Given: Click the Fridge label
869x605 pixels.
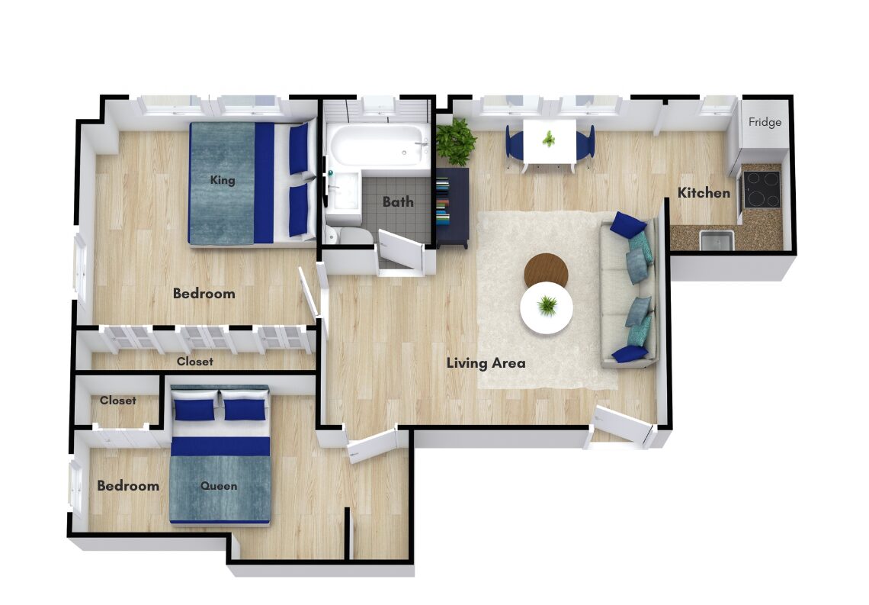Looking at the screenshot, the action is [765, 122].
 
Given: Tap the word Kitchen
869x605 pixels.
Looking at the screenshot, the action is [704, 193].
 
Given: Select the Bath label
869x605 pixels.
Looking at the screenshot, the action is [398, 202].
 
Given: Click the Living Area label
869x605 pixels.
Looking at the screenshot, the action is [486, 363].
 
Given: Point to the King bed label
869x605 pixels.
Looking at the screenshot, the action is [223, 180].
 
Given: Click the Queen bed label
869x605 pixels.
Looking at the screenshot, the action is [219, 486].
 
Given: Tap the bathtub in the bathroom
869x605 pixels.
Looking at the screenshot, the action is [377, 145].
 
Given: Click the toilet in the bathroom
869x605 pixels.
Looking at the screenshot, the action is [349, 234].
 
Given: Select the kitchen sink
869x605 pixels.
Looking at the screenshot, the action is [717, 240].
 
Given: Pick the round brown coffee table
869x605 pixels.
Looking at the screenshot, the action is [546, 271].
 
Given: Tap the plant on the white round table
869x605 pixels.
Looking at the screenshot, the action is [547, 305].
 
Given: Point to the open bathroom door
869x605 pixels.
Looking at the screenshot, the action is [401, 250].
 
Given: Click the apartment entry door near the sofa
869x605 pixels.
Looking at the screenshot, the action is [622, 425].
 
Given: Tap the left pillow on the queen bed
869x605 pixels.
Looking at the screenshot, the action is [194, 409].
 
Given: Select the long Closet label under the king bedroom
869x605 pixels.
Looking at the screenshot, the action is [195, 362].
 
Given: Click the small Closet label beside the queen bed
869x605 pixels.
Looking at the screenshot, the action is [117, 401].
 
